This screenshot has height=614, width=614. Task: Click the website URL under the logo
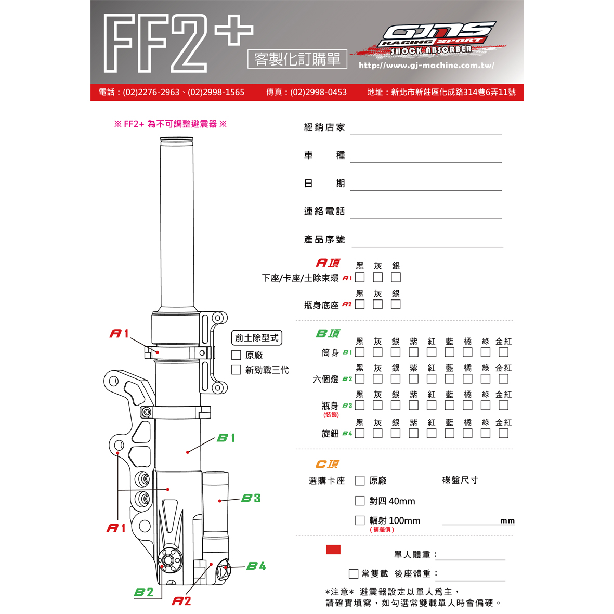click(426, 66)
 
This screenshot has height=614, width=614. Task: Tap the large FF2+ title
click(178, 43)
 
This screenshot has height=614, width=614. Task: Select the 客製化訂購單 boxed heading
click(297, 59)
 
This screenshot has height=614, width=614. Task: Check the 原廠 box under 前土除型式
click(236, 355)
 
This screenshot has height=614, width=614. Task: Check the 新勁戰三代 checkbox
click(236, 370)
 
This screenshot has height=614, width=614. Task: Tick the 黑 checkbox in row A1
click(359, 277)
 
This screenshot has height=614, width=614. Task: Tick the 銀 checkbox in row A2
click(396, 304)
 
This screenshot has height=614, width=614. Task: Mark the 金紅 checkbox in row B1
click(503, 352)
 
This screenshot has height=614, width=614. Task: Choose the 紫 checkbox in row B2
click(413, 378)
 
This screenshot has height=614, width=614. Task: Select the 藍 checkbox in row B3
click(450, 406)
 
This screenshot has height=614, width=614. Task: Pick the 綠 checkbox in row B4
click(486, 433)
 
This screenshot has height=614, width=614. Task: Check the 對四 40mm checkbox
click(359, 501)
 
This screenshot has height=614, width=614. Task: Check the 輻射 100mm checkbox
click(359, 520)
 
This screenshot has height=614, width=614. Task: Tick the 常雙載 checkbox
click(353, 573)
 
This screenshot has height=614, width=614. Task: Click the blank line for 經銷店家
click(426, 134)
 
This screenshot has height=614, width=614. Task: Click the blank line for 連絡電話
click(426, 218)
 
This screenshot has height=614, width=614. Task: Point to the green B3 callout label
click(251, 498)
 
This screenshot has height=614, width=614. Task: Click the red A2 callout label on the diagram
click(181, 600)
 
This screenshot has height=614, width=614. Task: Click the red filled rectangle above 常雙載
click(333, 550)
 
